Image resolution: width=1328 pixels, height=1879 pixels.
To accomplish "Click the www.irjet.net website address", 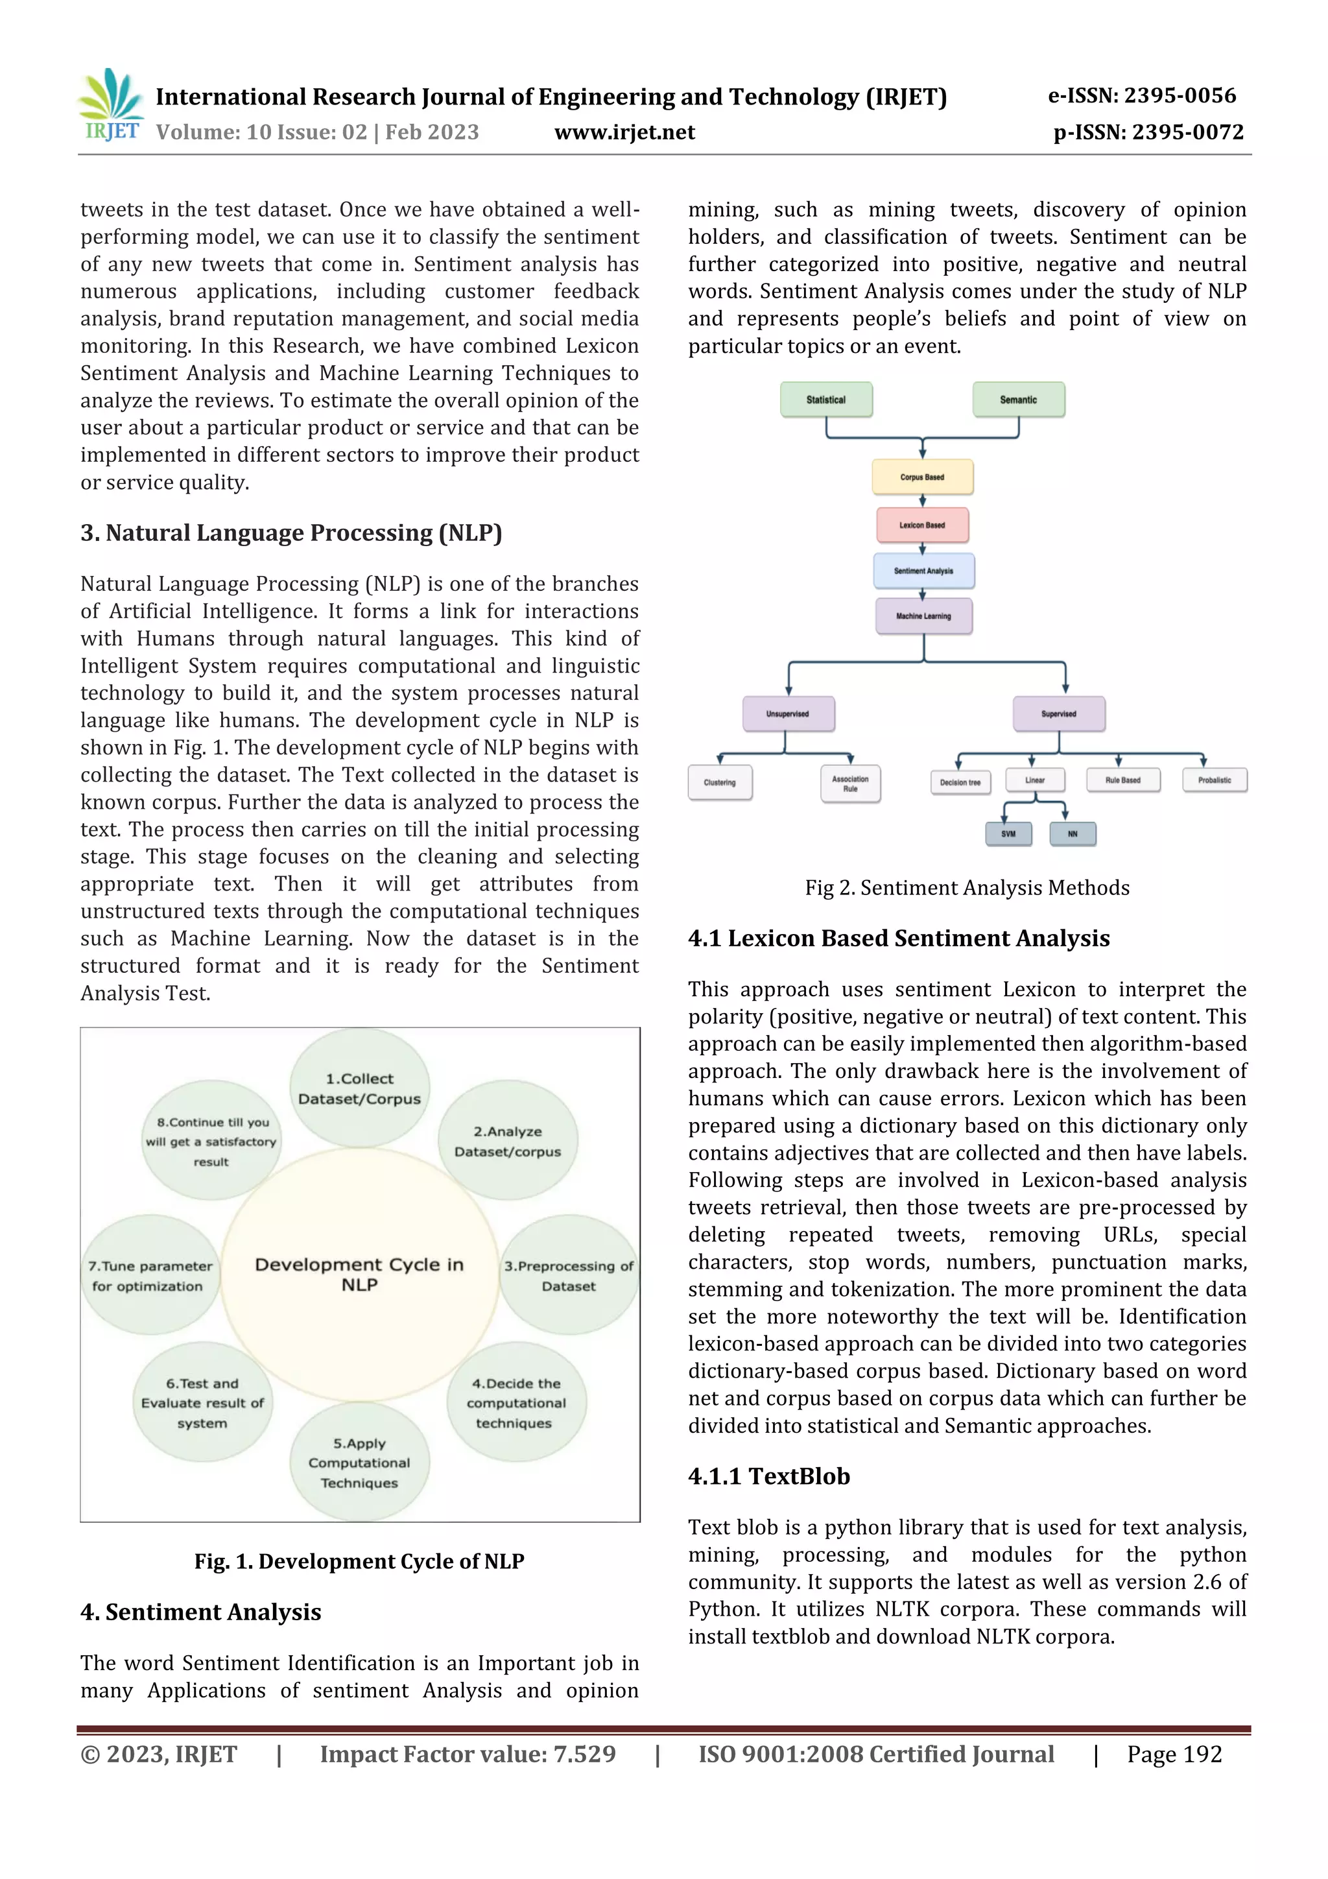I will coord(624,132).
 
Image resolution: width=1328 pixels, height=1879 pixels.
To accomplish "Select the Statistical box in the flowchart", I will coord(825,400).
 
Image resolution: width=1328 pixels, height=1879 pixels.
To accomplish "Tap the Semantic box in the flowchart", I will coord(1018,400).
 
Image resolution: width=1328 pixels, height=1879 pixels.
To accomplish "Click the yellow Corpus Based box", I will coord(922,477).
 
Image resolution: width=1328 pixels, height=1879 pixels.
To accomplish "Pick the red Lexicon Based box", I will coord(922,525).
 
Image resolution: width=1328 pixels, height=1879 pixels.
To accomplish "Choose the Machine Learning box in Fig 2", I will coord(923,616).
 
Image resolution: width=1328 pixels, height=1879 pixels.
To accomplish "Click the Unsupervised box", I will coord(788,713).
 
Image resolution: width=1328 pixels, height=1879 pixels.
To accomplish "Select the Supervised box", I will coord(1059,713).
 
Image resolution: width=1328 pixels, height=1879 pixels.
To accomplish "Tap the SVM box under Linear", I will coord(1008,834).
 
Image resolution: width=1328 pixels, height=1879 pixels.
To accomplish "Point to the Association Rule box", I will coord(850,784).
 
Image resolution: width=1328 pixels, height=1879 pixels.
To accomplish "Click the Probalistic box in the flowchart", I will coord(1215,780).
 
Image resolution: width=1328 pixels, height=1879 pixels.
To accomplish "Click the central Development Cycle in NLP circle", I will coord(359,1275).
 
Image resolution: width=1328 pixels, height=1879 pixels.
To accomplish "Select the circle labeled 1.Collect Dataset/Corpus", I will coord(359,1088).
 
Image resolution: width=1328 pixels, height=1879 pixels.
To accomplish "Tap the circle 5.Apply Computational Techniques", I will coord(359,1463).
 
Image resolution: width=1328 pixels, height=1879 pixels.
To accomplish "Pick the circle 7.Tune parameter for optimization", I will coord(150,1275).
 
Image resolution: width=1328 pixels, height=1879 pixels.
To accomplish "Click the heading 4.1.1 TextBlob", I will coord(768,1476).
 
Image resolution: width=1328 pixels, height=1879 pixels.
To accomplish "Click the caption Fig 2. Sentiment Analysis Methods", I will coord(966,888).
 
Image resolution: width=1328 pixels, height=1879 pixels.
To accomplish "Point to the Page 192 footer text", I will coord(1174,1754).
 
